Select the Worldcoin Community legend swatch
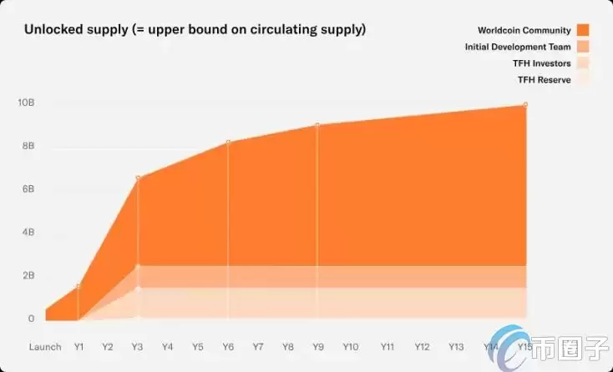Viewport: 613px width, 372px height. coord(583,30)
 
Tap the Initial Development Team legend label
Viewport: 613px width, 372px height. coord(518,47)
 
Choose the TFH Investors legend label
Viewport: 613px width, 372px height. coord(542,63)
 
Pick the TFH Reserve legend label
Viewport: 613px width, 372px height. coord(545,80)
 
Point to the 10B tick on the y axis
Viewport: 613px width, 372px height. coord(26,103)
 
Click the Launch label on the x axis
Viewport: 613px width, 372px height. coord(45,346)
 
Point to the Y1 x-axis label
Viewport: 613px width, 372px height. coord(79,346)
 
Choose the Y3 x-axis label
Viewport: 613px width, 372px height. coord(138,346)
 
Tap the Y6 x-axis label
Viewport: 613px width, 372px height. coord(228,346)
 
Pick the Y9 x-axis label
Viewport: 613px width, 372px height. coord(317,346)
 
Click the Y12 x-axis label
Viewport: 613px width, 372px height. coord(422,346)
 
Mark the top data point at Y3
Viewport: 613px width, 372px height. coord(138,178)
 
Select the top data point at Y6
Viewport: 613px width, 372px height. coord(228,142)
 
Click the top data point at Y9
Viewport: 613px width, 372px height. coord(317,125)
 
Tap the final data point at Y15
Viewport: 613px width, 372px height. coord(525,104)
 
